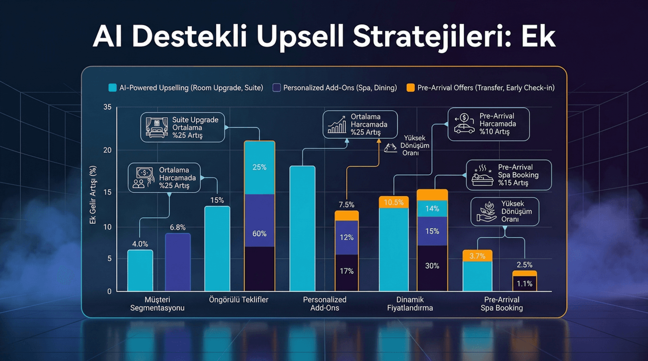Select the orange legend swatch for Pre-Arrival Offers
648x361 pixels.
[410, 88]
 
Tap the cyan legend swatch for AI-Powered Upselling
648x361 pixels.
[112, 88]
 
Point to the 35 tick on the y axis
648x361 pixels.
[107, 107]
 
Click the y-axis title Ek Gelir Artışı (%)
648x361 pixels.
[93, 195]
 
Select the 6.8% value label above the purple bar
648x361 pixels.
[178, 227]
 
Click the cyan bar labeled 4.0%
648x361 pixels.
[140, 270]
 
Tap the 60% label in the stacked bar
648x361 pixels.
[259, 233]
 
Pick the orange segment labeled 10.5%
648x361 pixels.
[394, 202]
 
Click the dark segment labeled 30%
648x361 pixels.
[432, 266]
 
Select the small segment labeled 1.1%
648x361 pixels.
[524, 284]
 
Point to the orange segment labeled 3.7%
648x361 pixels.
[477, 256]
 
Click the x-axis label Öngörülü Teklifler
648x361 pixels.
[239, 300]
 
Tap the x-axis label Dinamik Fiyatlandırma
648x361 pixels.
[410, 304]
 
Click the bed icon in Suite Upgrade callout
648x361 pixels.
[157, 127]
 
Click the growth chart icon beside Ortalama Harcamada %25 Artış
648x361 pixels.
[337, 124]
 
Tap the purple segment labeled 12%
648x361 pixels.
[347, 238]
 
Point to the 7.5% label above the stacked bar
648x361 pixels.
[347, 205]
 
